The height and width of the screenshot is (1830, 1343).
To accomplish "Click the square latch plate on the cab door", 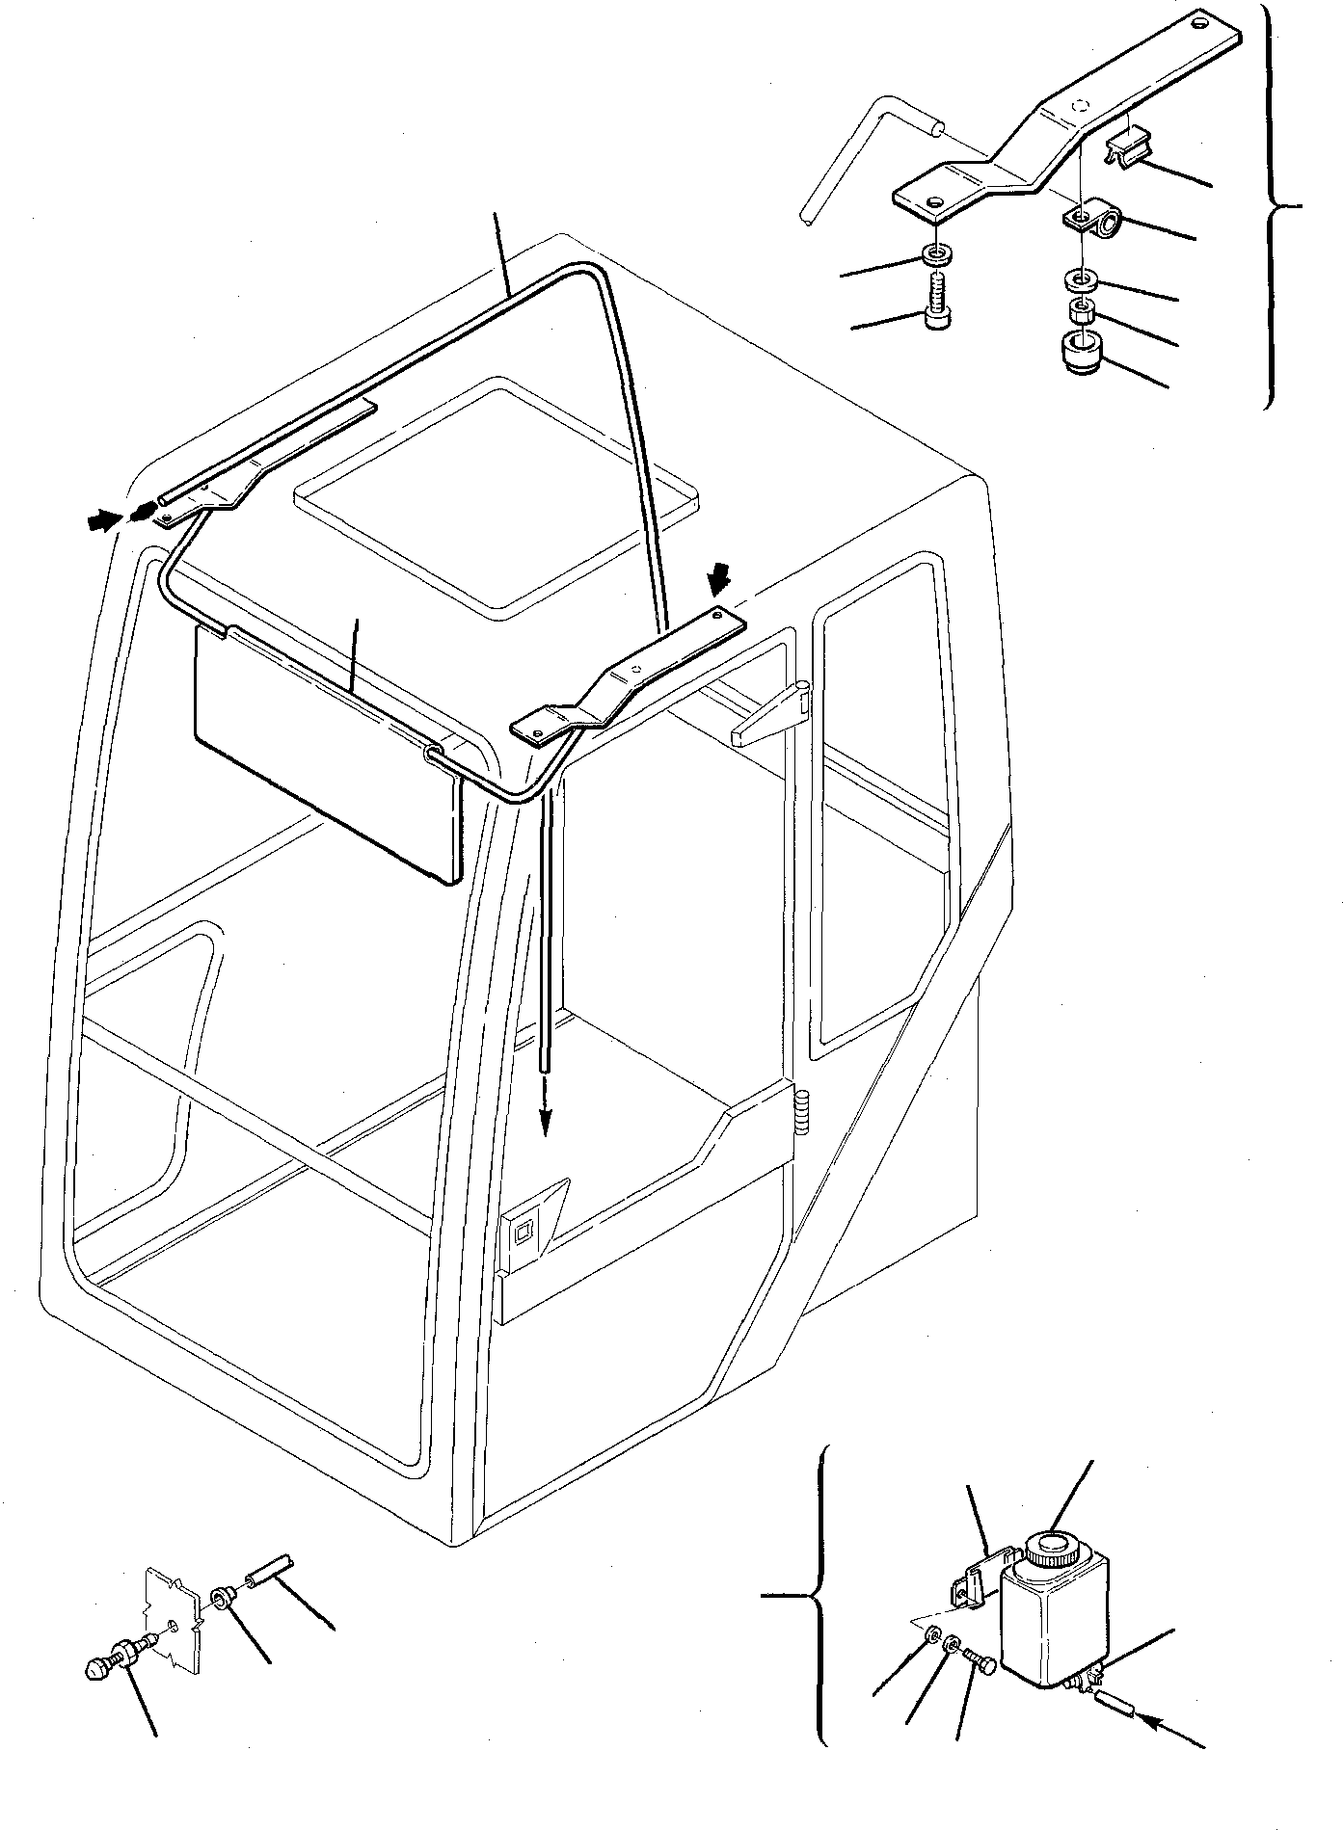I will (x=525, y=1231).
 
